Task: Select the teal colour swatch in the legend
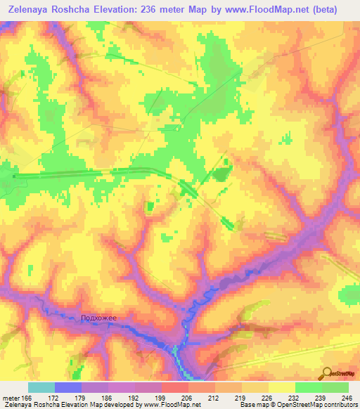click(x=41, y=387)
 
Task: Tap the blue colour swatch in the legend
click(x=67, y=387)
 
